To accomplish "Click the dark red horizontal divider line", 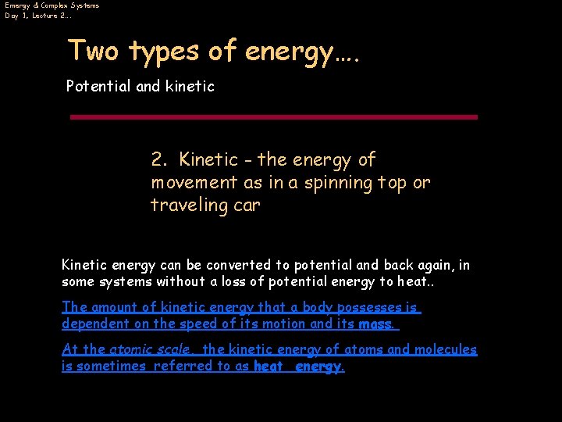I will click(273, 117).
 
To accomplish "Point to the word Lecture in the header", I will click(44, 16).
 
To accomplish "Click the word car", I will click(246, 206).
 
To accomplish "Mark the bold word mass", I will click(375, 324).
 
